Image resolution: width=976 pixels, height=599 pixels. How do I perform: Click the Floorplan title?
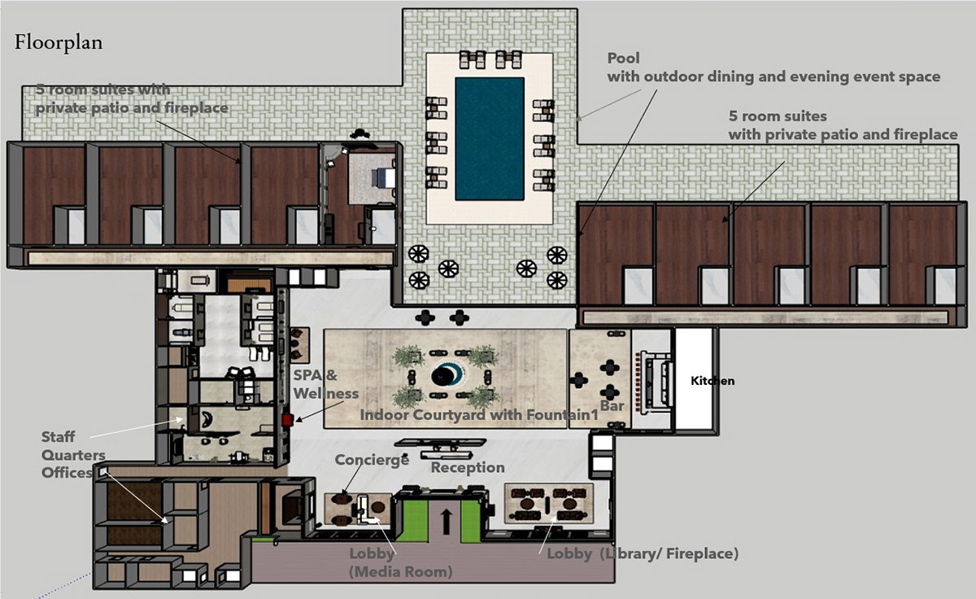coord(59,43)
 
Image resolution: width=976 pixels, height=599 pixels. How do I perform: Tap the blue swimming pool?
coord(490,139)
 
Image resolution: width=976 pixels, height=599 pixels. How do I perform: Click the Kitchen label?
coord(712,381)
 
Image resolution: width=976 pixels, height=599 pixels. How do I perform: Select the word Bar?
coord(612,406)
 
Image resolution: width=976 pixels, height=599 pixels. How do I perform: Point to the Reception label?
coord(468,467)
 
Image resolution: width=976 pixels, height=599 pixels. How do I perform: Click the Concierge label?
coord(372,460)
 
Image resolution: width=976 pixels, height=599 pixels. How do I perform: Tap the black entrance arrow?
coord(446,522)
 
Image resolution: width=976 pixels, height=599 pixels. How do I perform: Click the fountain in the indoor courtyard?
coord(447,376)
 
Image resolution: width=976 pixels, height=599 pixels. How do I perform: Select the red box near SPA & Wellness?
coord(287,420)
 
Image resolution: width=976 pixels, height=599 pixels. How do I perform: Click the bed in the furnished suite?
coord(383,178)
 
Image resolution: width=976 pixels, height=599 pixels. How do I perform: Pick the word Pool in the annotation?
coord(624,58)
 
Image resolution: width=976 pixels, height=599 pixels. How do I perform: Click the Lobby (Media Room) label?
coord(400,562)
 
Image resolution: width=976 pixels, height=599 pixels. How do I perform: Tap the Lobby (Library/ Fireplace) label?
coord(643,553)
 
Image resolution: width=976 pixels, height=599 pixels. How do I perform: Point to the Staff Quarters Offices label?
coord(73,455)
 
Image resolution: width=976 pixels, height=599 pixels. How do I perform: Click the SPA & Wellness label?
coord(325,384)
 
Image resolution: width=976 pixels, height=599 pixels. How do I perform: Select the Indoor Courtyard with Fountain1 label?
coord(479,414)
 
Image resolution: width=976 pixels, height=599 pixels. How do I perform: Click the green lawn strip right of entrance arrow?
coord(471,522)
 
